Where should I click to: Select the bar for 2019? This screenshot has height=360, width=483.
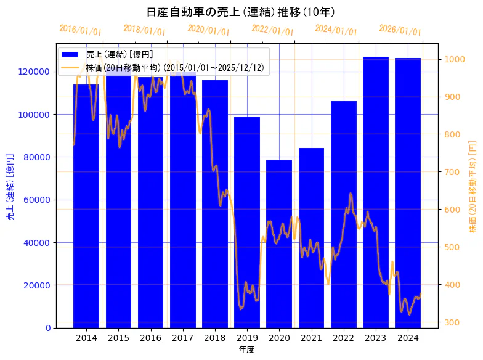tap(247, 222)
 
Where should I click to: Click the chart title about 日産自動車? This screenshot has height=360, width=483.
tap(241, 12)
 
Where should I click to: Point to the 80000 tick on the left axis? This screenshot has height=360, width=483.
tap(39, 157)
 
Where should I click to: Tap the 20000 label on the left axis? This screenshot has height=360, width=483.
tap(39, 285)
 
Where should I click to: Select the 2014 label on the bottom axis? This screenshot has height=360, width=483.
tap(86, 338)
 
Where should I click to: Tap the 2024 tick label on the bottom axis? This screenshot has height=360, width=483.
tap(408, 338)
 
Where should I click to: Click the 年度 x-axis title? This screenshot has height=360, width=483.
tap(246, 350)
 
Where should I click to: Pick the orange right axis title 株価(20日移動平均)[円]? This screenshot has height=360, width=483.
tap(473, 186)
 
